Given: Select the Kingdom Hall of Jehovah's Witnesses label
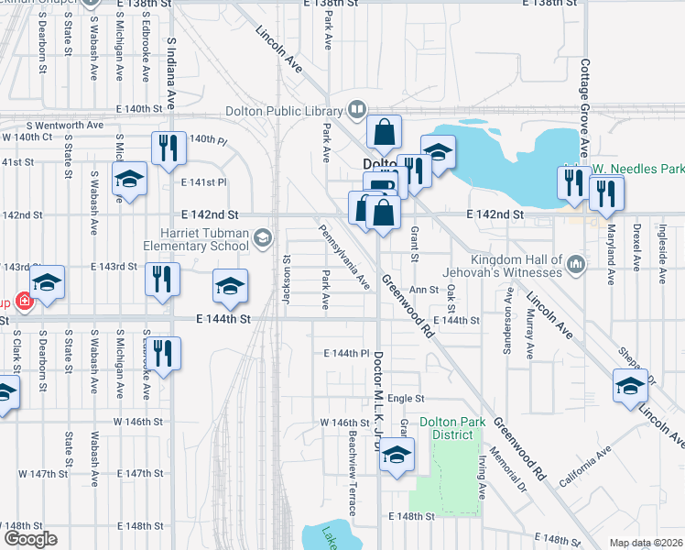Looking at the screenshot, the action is pos(516,265).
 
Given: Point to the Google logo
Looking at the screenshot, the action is pos(30,539).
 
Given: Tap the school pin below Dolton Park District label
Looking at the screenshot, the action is pos(396,456).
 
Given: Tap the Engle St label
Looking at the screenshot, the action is pos(407,399).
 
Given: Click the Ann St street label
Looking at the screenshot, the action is pos(424,290).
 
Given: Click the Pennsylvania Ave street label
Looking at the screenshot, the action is pos(344,256).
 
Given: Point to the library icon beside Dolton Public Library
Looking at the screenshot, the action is pos(354,112).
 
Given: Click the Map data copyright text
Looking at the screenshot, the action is pos(645,543).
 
